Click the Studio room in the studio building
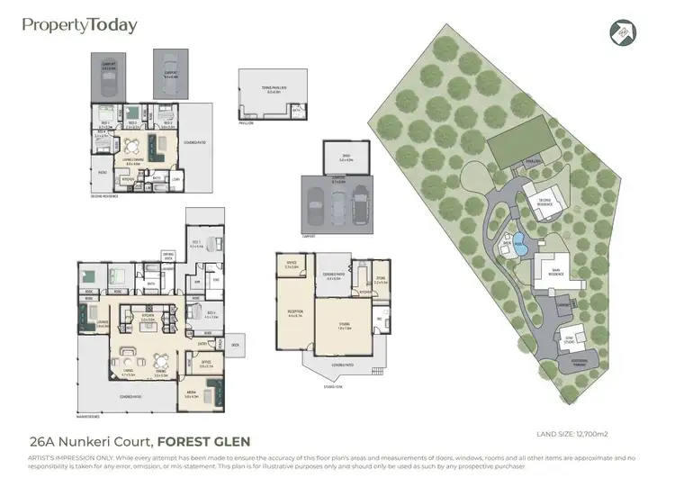coord(345,328)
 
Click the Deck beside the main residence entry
coord(235,344)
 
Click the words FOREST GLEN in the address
coord(204,441)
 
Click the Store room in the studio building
coord(381,280)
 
